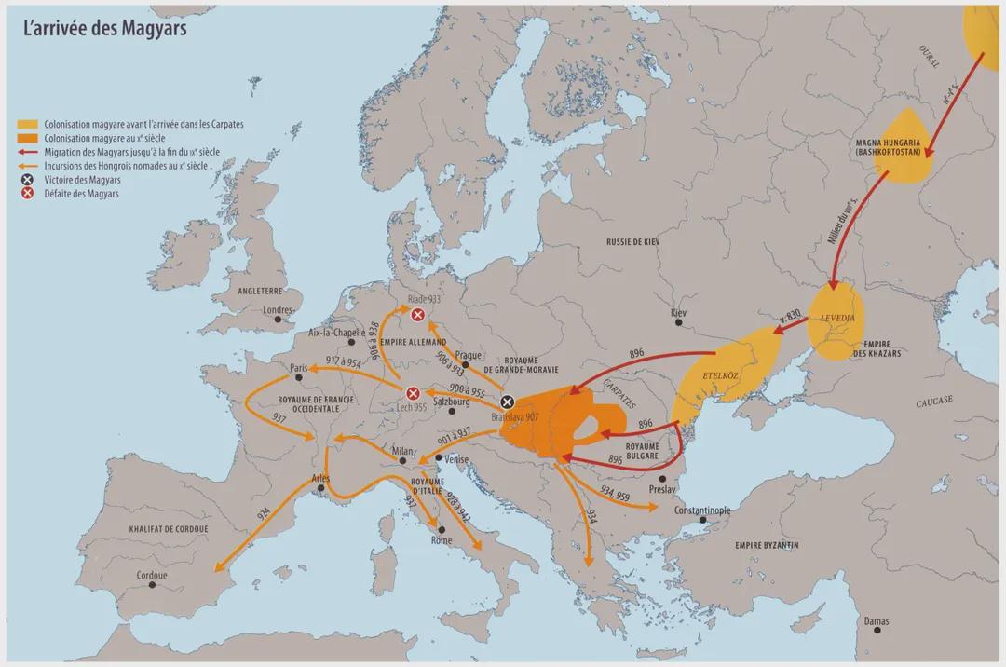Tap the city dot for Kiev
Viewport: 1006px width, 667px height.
pyautogui.click(x=680, y=324)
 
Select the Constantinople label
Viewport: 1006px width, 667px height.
pyautogui.click(x=691, y=510)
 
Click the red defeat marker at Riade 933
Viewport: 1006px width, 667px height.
pyautogui.click(x=418, y=316)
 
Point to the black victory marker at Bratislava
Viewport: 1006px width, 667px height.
pyautogui.click(x=507, y=402)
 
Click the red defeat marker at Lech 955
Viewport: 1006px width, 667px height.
pyautogui.click(x=413, y=393)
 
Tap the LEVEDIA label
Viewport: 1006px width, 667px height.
pyautogui.click(x=837, y=318)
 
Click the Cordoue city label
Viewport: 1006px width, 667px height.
pyautogui.click(x=151, y=575)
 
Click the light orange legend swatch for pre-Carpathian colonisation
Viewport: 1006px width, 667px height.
pyautogui.click(x=29, y=124)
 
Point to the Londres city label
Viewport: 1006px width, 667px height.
pyautogui.click(x=278, y=310)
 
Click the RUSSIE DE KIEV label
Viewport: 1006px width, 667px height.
pyautogui.click(x=632, y=241)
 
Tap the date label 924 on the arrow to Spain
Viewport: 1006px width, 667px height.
pyautogui.click(x=264, y=515)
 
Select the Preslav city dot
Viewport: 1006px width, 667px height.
pyautogui.click(x=663, y=479)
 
